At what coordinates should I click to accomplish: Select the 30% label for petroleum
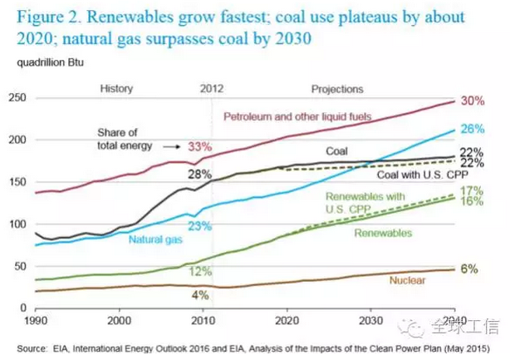click(x=472, y=101)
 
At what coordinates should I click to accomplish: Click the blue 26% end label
click(x=472, y=129)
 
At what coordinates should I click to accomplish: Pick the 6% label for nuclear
click(x=469, y=269)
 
